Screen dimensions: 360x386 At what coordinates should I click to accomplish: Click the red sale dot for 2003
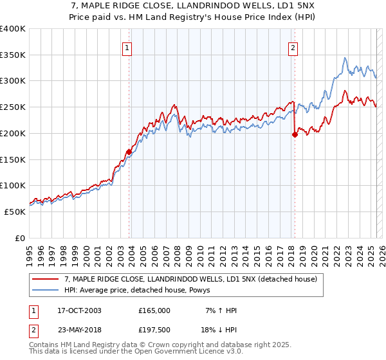(129, 152)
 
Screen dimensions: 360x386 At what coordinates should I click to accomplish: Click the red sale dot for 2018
(295, 134)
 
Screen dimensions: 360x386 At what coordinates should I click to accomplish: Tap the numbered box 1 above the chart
(127, 47)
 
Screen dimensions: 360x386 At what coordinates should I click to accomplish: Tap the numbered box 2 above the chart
(293, 47)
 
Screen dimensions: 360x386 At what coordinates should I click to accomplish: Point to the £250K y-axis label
(14, 107)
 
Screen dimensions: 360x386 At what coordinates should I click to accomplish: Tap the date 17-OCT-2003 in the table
(79, 310)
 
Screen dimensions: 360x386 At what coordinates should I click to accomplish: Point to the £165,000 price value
(154, 310)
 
